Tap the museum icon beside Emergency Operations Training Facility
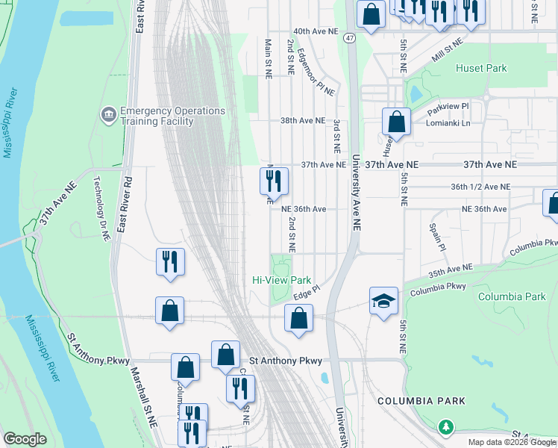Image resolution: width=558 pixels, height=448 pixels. (x=109, y=113)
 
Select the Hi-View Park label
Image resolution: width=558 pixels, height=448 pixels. (x=281, y=281)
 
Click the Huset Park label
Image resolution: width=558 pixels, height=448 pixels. (x=481, y=68)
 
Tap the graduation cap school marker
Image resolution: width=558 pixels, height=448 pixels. (x=383, y=301)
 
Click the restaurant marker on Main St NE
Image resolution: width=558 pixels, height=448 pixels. (x=274, y=180)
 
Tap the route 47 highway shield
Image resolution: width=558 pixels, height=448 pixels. (x=351, y=37)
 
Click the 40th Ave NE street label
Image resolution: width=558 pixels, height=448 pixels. (x=316, y=32)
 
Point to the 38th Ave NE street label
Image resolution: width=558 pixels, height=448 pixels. (x=302, y=120)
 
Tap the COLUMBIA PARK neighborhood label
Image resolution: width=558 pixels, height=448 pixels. (x=421, y=401)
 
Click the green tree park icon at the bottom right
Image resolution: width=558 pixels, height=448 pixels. (x=446, y=427)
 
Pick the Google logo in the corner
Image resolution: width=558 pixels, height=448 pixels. (x=25, y=439)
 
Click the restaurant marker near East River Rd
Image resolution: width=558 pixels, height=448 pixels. (x=169, y=262)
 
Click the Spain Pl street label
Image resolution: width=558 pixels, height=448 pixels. (x=436, y=237)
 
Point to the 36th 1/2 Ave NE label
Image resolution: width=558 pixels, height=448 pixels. (x=480, y=187)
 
